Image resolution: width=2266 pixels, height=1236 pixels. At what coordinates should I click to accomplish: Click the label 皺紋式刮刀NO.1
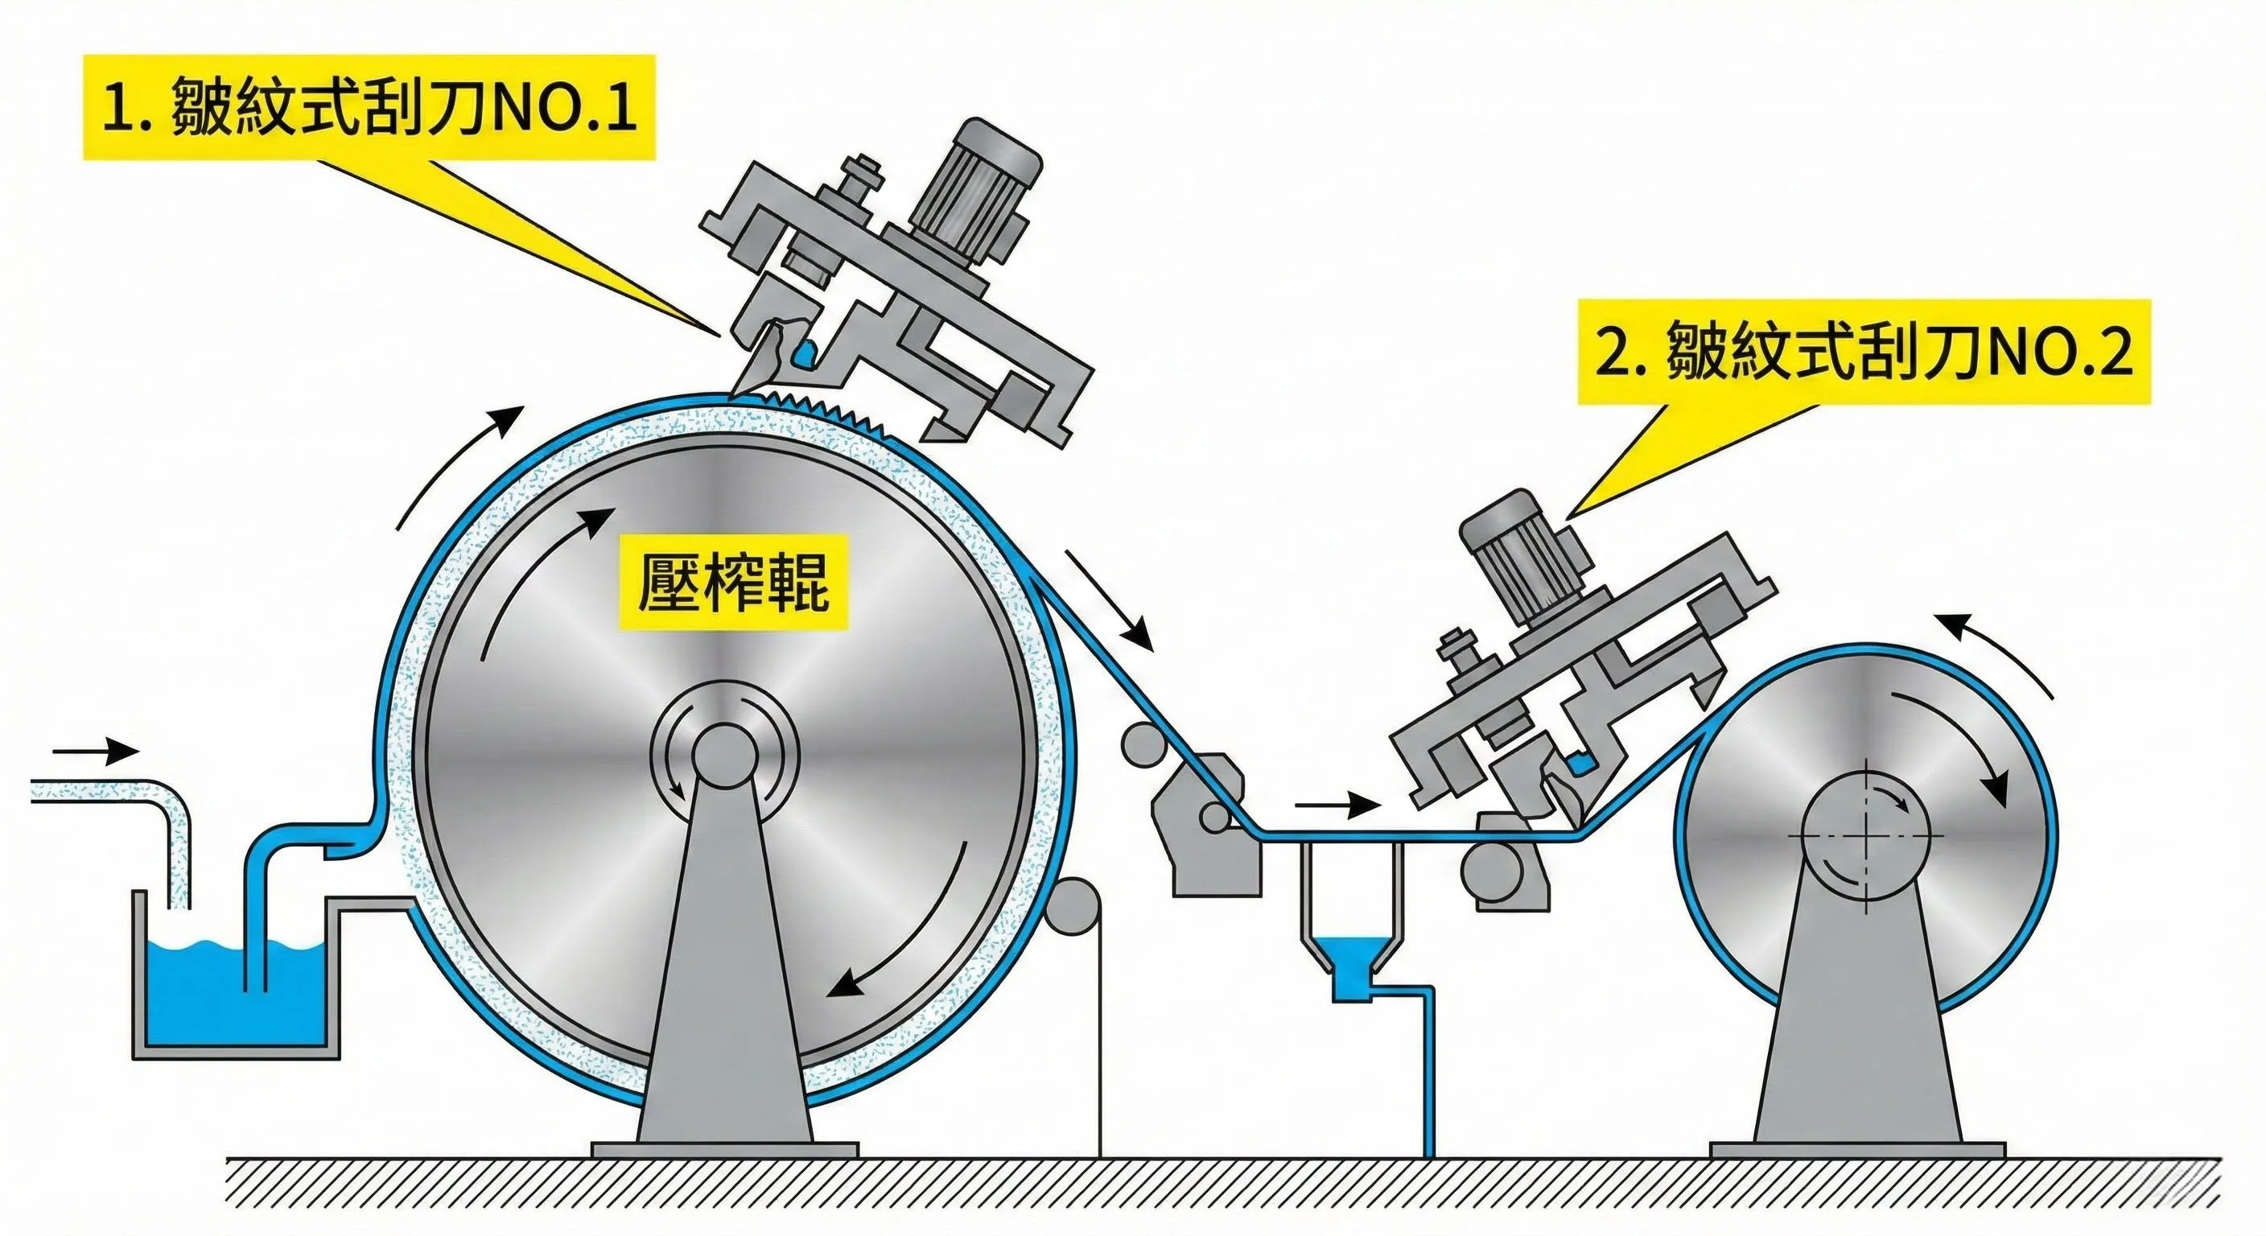(369, 107)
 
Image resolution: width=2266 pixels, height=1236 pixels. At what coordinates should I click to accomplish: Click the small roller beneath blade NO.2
(1492, 871)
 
